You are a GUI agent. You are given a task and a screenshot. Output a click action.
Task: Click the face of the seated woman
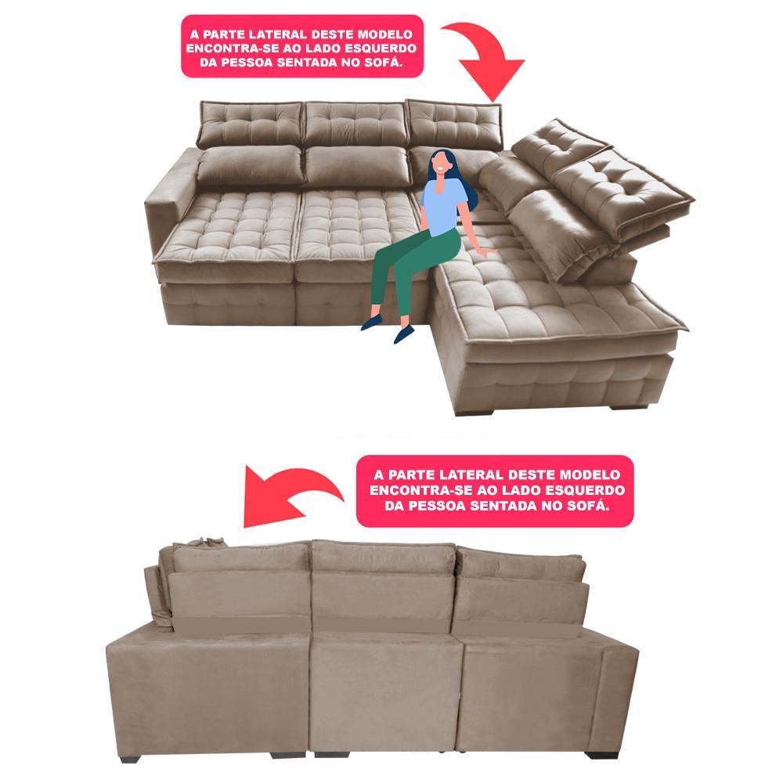440,165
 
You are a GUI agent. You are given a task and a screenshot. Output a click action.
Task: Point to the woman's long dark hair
462,192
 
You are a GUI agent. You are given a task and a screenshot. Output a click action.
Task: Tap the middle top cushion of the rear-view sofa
384,557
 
